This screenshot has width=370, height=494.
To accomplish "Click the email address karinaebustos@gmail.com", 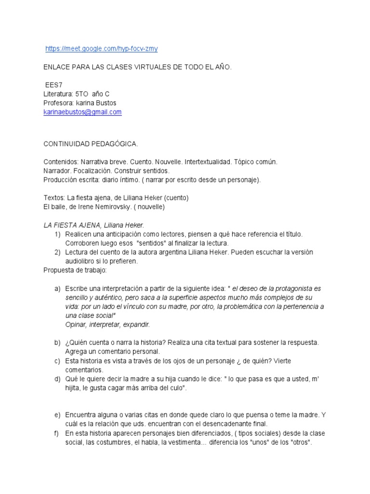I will (x=82, y=112).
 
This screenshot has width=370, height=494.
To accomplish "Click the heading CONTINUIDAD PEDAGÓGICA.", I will (x=91, y=144).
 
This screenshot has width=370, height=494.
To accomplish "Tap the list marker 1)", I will (x=57, y=234).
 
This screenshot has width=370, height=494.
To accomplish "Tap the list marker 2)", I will (x=57, y=252).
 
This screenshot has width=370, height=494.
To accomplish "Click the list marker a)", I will (x=57, y=288).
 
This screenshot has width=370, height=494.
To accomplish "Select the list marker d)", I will (x=57, y=379).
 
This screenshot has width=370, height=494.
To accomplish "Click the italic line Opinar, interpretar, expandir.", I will (x=107, y=324).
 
